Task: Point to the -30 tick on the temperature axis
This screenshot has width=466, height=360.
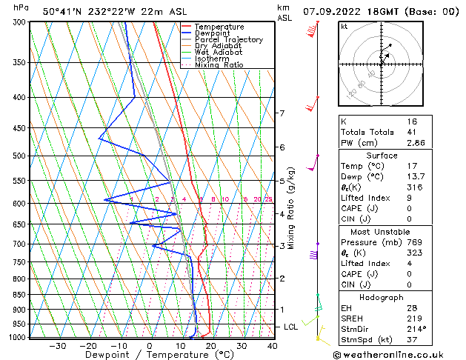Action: tap(58, 345)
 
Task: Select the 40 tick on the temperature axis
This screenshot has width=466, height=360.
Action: tap(273, 345)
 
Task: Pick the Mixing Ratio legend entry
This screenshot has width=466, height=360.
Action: tap(219, 65)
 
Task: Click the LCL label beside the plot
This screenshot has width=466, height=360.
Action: tap(291, 327)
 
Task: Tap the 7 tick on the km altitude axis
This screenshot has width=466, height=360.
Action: tap(282, 113)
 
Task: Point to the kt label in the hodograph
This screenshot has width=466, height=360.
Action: tap(344, 27)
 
